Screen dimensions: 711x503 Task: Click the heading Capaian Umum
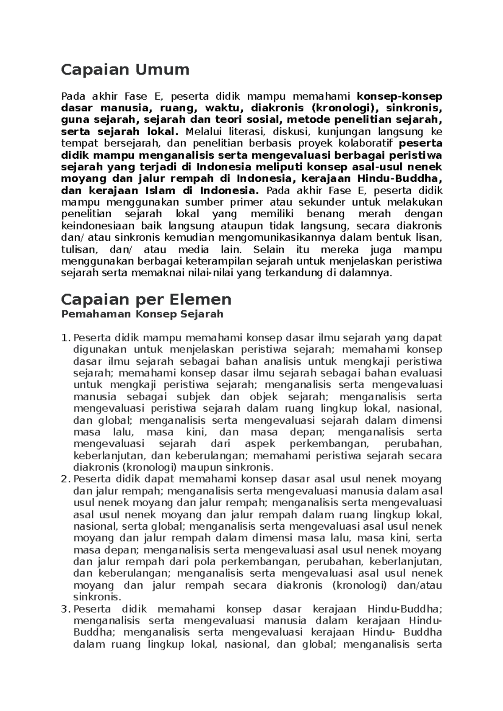click(x=125, y=70)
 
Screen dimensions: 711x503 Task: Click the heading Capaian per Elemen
click(x=146, y=299)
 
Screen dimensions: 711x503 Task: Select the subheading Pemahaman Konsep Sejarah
click(x=142, y=314)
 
